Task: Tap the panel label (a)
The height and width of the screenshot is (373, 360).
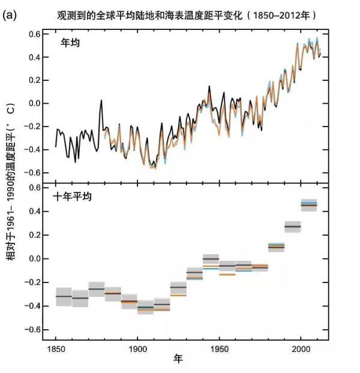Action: pyautogui.click(x=10, y=14)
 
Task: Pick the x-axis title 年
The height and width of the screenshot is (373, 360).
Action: pyautogui.click(x=178, y=359)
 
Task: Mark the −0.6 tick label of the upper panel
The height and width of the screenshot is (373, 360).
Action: pyautogui.click(x=34, y=173)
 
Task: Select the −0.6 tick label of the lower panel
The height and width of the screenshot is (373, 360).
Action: pyautogui.click(x=34, y=329)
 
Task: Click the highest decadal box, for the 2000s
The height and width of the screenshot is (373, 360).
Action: pyautogui.click(x=309, y=205)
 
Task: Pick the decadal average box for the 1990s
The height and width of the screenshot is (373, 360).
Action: pyautogui.click(x=292, y=227)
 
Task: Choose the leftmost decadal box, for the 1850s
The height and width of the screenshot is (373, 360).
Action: pyautogui.click(x=64, y=296)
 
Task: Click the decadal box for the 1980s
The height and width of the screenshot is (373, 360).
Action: pyautogui.click(x=276, y=246)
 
